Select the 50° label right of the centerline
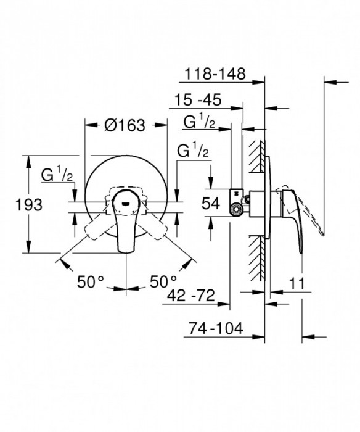[163, 282]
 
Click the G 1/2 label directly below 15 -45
[199, 123]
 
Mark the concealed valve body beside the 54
[238, 201]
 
